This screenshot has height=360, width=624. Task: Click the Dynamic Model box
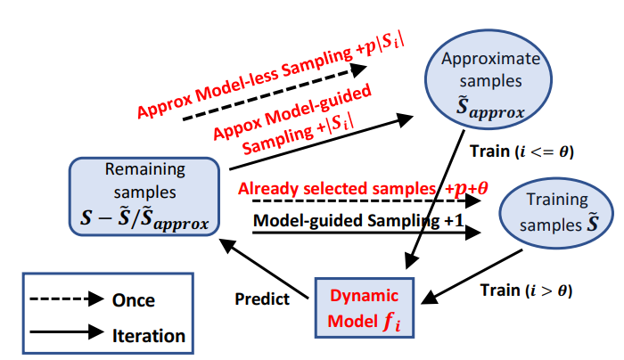tap(364, 307)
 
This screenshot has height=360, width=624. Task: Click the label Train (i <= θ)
tap(521, 151)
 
